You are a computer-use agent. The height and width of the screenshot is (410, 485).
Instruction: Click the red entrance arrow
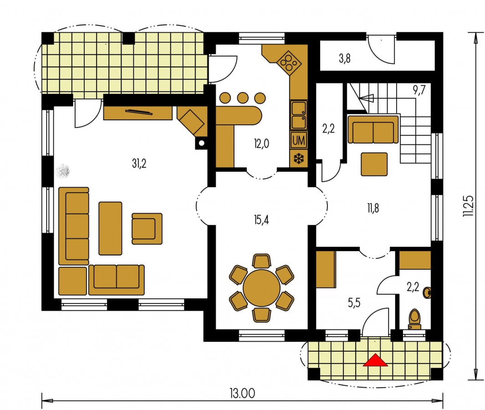click(x=375, y=360)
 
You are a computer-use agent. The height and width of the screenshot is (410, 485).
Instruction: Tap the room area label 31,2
click(x=139, y=164)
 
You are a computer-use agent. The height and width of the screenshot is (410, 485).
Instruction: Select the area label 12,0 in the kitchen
click(x=262, y=143)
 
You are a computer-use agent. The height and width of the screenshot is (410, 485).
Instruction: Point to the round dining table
click(x=262, y=288)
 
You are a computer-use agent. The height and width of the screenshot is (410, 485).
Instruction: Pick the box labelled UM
click(x=298, y=140)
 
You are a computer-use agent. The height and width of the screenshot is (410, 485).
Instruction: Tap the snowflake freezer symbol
click(x=298, y=159)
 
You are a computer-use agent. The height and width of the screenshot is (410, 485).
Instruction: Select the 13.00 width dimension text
click(x=242, y=393)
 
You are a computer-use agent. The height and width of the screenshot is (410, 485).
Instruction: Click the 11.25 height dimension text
click(x=468, y=206)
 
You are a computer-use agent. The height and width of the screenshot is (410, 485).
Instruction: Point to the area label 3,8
click(x=345, y=58)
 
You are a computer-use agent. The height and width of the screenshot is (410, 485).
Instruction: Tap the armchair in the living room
click(x=147, y=229)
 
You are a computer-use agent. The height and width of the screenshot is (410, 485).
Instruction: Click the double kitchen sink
click(x=298, y=115)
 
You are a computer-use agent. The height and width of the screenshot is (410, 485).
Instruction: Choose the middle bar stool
click(x=243, y=98)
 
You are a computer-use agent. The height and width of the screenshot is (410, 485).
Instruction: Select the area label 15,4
click(x=261, y=220)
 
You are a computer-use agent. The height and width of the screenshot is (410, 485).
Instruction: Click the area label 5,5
click(x=354, y=303)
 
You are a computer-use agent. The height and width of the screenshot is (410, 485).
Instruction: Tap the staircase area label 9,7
click(x=419, y=90)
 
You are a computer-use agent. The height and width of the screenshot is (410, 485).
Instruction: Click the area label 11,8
click(x=373, y=208)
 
